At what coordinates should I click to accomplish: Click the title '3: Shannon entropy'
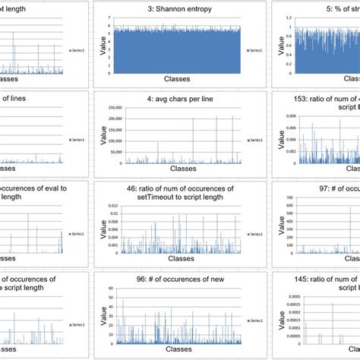click(178, 8)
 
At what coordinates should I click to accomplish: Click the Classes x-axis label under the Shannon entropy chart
click(178, 79)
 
